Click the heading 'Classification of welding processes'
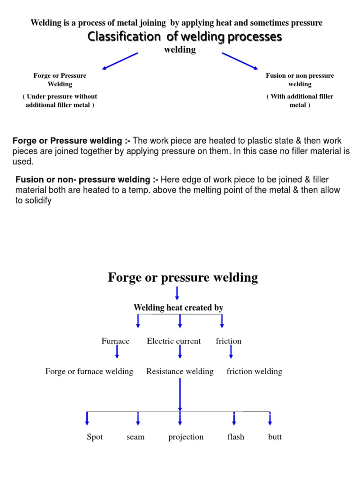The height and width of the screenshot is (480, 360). click(185, 37)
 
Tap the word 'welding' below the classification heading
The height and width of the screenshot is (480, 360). click(180, 50)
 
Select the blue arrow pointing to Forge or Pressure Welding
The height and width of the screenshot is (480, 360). click(120, 61)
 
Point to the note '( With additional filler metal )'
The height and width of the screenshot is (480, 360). click(300, 101)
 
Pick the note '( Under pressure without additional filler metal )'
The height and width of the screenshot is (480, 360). click(60, 101)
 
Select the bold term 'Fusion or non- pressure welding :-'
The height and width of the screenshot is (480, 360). click(87, 180)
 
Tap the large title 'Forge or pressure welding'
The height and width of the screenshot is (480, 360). click(183, 277)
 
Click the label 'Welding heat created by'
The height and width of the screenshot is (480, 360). click(178, 308)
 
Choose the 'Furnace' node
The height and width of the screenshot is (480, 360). click(115, 341)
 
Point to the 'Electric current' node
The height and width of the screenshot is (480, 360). click(173, 341)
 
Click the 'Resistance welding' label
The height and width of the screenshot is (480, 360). click(180, 372)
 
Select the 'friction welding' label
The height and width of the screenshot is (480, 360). click(255, 372)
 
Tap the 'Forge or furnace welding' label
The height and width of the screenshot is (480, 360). click(89, 372)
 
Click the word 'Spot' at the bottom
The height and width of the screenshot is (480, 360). click(95, 437)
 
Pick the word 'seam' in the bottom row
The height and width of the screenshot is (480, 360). click(135, 437)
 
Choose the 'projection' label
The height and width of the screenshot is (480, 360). click(186, 437)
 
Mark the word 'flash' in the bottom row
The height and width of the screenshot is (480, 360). click(236, 437)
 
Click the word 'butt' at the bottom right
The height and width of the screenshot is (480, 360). click(275, 437)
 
